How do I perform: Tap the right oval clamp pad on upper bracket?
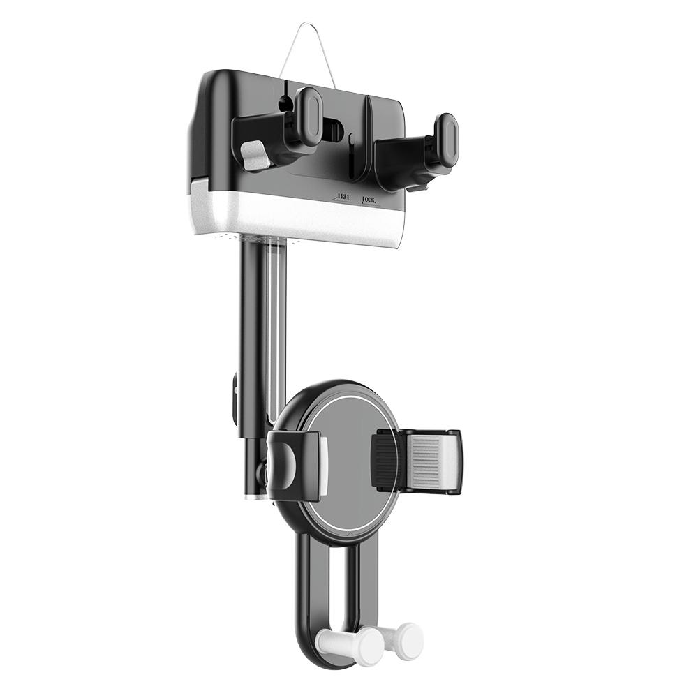pos(445,140)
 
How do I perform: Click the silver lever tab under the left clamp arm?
pos(255,156)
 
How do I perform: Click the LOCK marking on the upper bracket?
pos(370,200)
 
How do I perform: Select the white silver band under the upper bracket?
pos(300,216)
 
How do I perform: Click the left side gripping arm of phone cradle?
pos(297,465)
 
